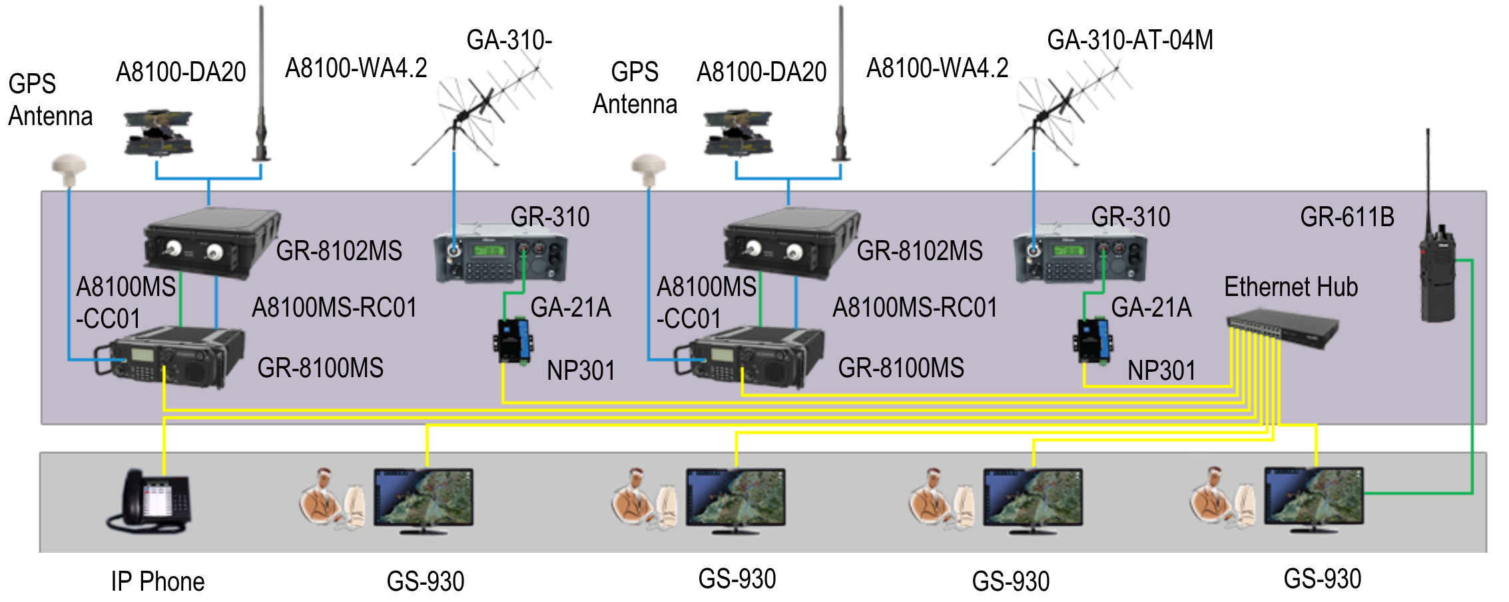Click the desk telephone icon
(149, 500)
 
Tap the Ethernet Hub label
(1291, 287)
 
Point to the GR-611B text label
(1347, 218)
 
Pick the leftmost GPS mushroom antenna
(69, 170)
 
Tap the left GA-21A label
(570, 307)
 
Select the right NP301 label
(1161, 371)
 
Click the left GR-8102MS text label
(339, 251)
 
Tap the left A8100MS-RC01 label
(334, 308)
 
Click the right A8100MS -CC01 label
(706, 303)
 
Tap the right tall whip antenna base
(841, 156)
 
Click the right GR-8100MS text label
(900, 368)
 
